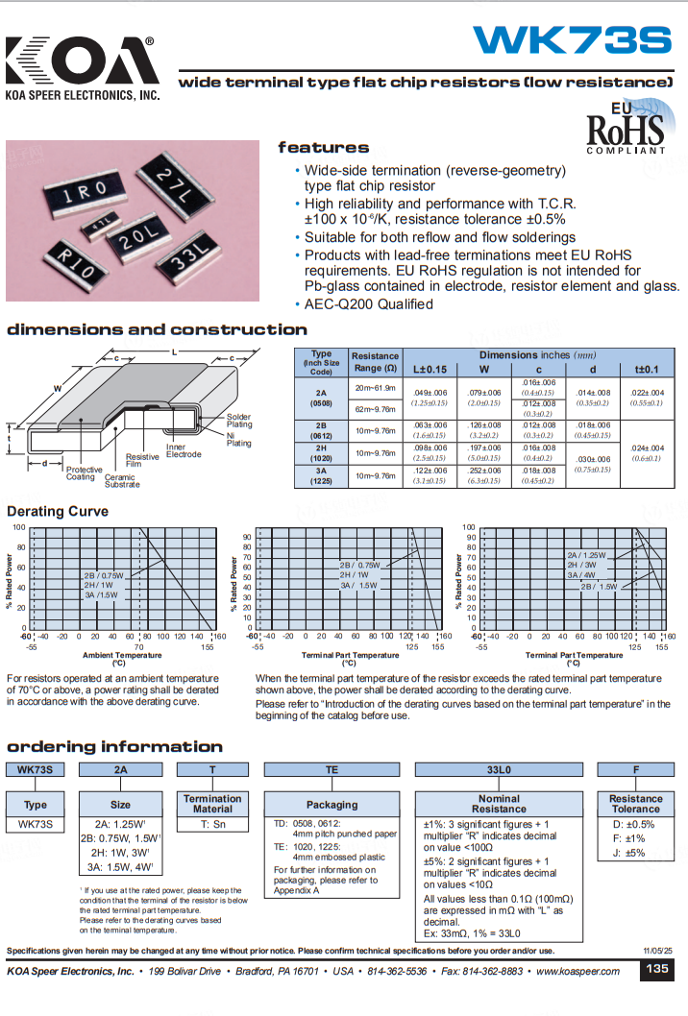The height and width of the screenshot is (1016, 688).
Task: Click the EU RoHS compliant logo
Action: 626,127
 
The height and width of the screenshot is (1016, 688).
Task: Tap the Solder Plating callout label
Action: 239,421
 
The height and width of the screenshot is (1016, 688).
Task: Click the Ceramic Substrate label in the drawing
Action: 121,480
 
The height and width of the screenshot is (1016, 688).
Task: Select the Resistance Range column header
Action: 375,362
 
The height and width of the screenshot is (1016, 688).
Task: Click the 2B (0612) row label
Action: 321,428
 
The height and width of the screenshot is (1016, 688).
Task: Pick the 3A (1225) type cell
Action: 321,475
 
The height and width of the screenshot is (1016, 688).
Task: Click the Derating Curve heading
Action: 58,512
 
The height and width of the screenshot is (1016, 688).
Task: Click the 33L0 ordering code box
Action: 498,768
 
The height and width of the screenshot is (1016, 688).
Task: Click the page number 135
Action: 657,969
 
